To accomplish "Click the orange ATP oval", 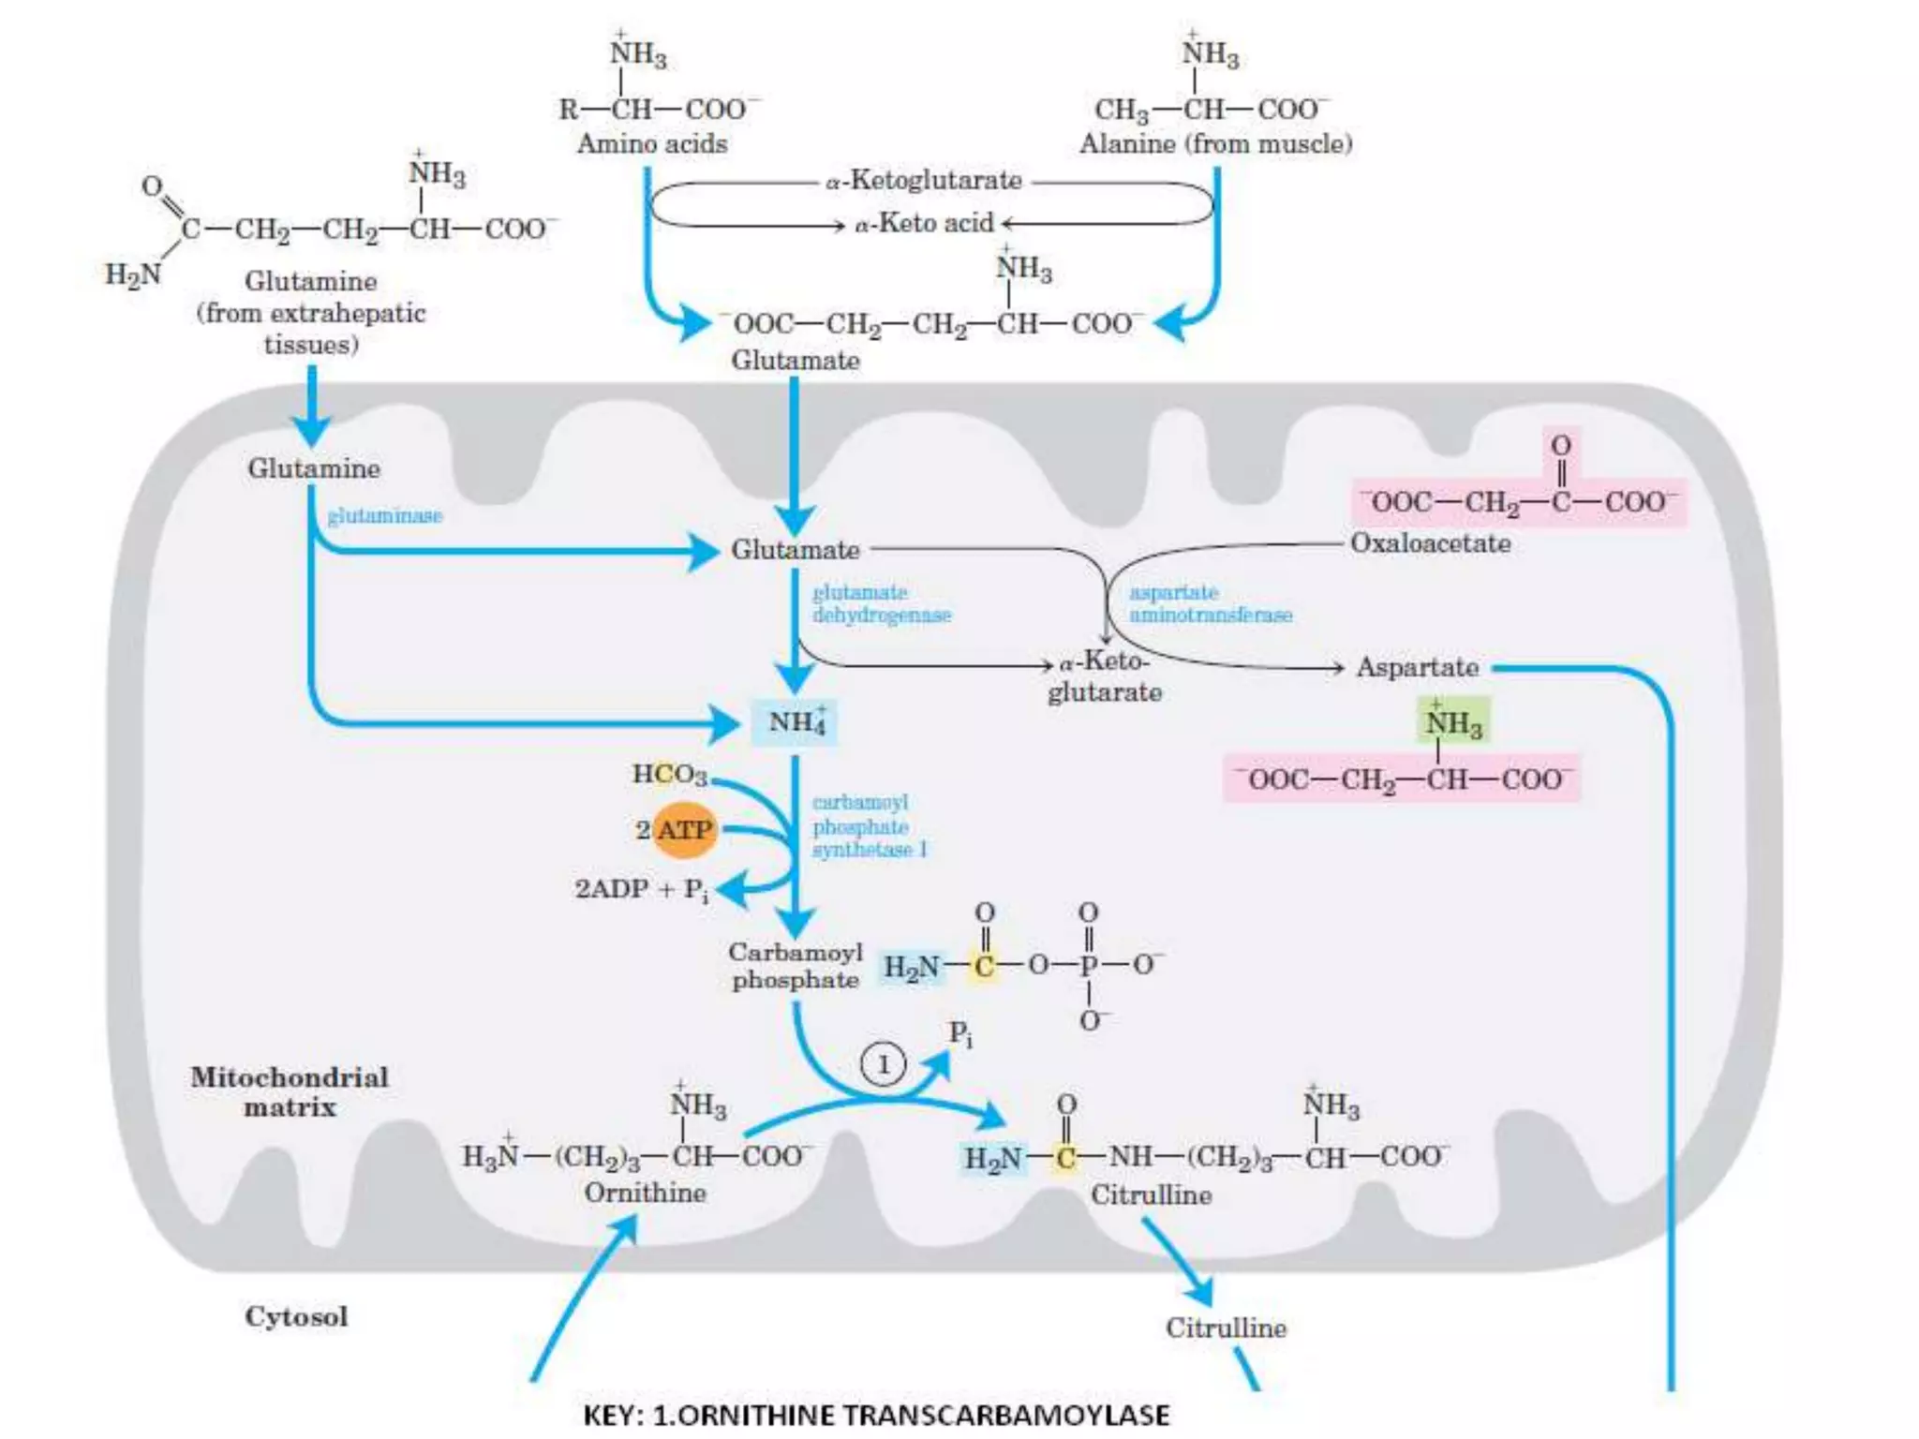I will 684,830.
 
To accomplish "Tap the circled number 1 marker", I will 882,1064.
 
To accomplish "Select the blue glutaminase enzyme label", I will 384,515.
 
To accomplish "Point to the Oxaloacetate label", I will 1430,543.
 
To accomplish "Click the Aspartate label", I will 1417,667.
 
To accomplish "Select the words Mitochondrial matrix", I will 290,1092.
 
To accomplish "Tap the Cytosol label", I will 296,1316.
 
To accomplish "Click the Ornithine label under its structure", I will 645,1193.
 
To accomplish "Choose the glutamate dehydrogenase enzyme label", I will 881,603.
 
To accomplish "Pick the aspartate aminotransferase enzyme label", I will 1210,603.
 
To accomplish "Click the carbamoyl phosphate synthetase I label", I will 869,826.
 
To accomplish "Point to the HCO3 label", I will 669,774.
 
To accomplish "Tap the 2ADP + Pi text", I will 641,889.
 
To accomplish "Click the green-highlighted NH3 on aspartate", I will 1453,722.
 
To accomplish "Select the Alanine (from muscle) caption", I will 1215,144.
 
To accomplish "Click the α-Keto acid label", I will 923,224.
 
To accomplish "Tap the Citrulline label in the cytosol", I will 1226,1328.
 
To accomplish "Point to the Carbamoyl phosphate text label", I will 795,966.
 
